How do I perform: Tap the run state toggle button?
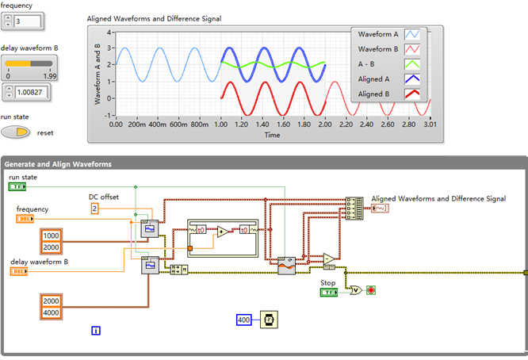click(x=17, y=132)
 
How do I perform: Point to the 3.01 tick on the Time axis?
click(x=429, y=124)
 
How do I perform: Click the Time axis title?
click(x=272, y=135)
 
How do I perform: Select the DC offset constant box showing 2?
click(x=94, y=208)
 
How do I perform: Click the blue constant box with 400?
click(x=243, y=320)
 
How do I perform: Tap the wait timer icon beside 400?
click(x=269, y=320)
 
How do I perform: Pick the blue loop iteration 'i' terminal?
click(x=96, y=331)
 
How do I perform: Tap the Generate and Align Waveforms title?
click(x=58, y=164)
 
